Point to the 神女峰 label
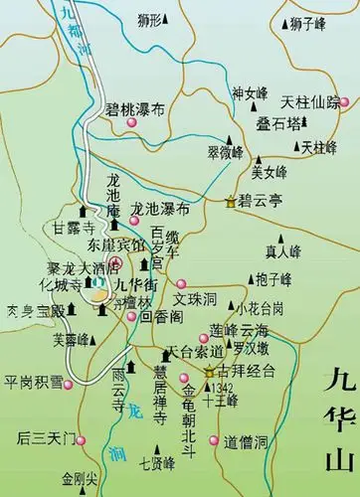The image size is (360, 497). click(252, 93)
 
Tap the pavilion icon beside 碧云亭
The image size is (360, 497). click(232, 201)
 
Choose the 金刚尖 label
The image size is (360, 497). click(81, 478)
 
